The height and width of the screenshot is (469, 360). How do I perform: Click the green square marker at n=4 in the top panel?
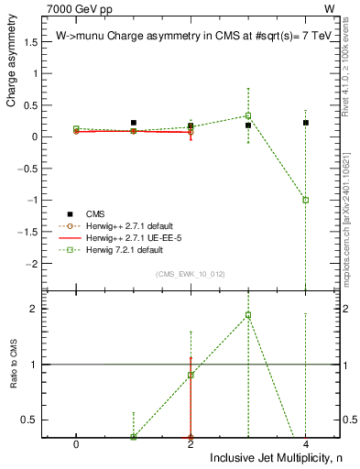(x=306, y=200)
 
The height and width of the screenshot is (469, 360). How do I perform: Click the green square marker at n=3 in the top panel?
(x=248, y=115)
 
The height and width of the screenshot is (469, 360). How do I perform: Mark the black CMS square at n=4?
(x=306, y=123)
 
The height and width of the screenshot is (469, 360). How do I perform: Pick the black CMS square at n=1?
(x=134, y=123)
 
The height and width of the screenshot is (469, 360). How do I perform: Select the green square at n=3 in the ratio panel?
(x=248, y=315)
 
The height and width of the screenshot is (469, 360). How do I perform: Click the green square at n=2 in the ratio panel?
(x=191, y=375)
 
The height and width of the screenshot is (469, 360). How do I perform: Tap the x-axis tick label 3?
(x=248, y=442)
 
